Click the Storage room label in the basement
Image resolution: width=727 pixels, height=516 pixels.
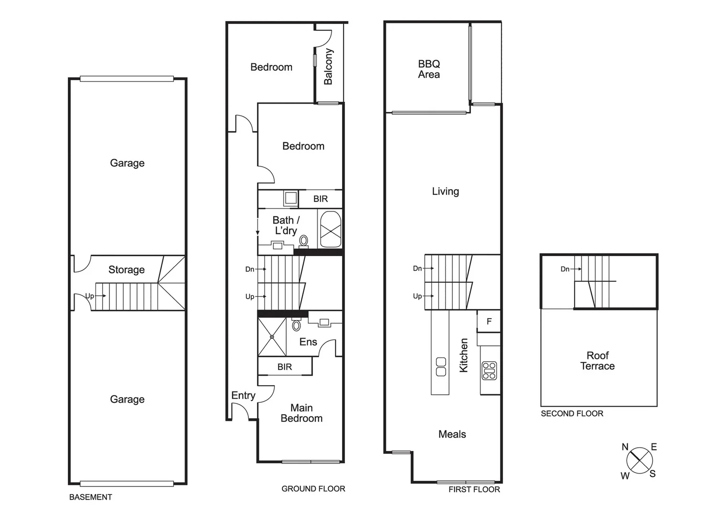127,270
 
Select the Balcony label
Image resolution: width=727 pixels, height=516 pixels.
329,67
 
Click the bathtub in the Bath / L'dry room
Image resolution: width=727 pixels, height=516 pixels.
331,230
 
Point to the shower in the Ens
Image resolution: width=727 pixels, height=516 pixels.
272,337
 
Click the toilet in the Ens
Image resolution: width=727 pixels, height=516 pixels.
297,325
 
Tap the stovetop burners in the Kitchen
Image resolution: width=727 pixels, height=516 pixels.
489,371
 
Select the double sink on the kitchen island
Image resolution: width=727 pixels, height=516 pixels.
441,366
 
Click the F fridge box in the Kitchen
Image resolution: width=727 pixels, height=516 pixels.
489,322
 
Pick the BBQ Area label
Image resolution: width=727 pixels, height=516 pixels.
429,69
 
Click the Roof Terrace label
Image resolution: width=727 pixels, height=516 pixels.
598,361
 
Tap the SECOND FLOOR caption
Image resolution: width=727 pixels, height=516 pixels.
572,414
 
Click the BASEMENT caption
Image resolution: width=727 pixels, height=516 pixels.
91,497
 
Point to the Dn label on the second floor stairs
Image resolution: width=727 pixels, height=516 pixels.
565,269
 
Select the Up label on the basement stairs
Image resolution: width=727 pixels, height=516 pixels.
90,296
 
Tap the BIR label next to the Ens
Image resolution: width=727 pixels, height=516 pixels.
285,367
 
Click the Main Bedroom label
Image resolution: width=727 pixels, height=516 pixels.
301,413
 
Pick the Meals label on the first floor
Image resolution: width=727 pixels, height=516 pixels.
452,434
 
